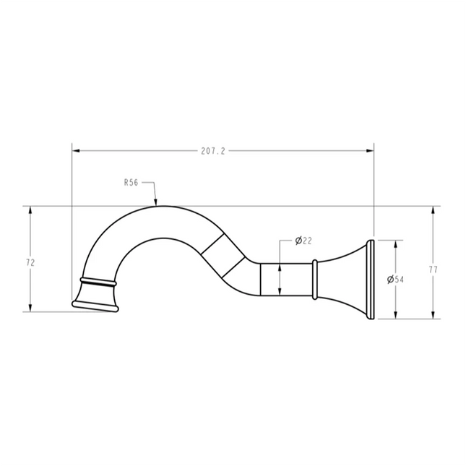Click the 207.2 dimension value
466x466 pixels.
pos(214,151)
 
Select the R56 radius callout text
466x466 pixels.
pos(131,184)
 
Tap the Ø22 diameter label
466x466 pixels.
pos(303,241)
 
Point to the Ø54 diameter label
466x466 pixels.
pos(394,279)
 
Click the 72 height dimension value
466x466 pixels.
pos(30,263)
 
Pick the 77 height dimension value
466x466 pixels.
pos(433,269)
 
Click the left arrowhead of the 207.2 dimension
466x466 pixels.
pos(76,151)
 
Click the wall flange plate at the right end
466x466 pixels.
pos(371,279)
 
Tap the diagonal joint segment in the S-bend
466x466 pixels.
pos(223,256)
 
